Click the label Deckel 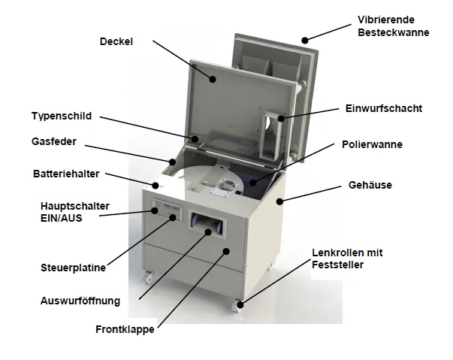(x=116, y=41)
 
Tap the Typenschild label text (x=62, y=116)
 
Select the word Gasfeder (x=54, y=141)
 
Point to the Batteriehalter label (x=66, y=174)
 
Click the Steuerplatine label (x=73, y=268)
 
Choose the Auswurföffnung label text (x=80, y=301)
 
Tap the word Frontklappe (x=125, y=329)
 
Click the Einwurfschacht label (x=384, y=108)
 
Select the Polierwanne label (x=372, y=144)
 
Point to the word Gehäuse (x=370, y=185)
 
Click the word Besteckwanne (x=394, y=32)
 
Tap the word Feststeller (x=338, y=265)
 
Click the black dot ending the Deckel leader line (x=213, y=79)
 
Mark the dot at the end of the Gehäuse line (x=279, y=201)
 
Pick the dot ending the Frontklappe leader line (x=227, y=251)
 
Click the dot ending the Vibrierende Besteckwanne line (x=305, y=40)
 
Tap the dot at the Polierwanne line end (x=253, y=183)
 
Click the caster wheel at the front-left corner (x=146, y=277)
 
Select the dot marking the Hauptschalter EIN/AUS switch (x=155, y=210)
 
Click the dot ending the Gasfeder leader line (x=173, y=162)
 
